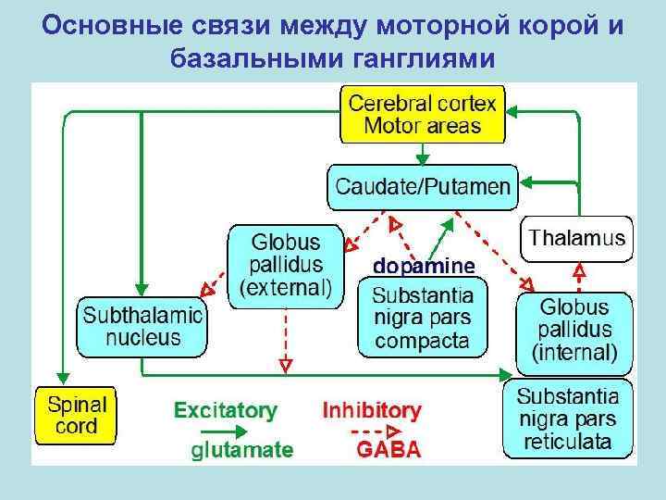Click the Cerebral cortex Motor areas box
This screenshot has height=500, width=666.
pyautogui.click(x=423, y=115)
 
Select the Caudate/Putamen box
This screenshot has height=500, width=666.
pyautogui.click(x=422, y=187)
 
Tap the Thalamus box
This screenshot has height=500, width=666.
pyautogui.click(x=577, y=238)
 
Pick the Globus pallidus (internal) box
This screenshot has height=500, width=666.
pyautogui.click(x=574, y=330)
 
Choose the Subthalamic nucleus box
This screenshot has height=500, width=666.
pyautogui.click(x=142, y=325)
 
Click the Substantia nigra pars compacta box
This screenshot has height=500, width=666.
pyautogui.click(x=421, y=318)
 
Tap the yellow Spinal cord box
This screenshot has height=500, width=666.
pyautogui.click(x=76, y=417)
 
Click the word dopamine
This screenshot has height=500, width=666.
pyautogui.click(x=424, y=266)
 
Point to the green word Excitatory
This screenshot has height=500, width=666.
pyautogui.click(x=225, y=410)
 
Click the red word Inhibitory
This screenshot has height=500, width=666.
pyautogui.click(x=371, y=410)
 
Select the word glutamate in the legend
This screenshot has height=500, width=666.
pyautogui.click(x=242, y=451)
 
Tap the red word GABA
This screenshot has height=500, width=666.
pyautogui.click(x=388, y=451)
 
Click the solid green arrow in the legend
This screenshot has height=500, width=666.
pyautogui.click(x=222, y=431)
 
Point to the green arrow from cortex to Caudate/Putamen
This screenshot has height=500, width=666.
pyautogui.click(x=423, y=154)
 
